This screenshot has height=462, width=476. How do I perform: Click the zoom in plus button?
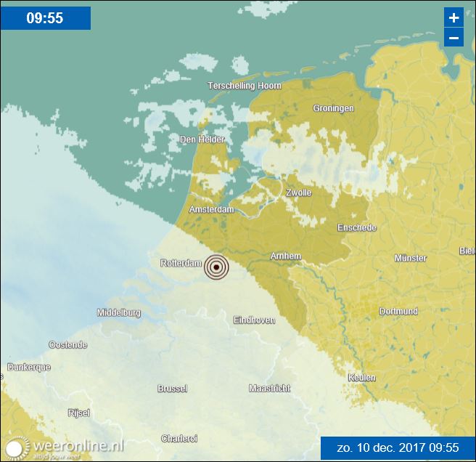pos(454,17)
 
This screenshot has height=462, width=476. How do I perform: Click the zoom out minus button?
pos(454,38)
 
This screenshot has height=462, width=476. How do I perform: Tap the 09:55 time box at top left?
pos(45,17)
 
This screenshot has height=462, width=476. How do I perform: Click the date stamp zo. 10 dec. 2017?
pos(398,447)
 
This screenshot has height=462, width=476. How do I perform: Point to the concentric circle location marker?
pos(216,267)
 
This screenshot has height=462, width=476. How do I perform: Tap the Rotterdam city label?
pos(180,263)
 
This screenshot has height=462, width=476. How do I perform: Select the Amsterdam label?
pos(211,209)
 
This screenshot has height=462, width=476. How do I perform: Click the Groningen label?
pos(333,108)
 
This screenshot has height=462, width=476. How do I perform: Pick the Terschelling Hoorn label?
pos(244,86)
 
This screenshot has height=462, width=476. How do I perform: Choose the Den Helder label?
pos(202,139)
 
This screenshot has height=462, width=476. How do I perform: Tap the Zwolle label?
pos(298,192)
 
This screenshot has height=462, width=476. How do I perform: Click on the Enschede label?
pos(356,227)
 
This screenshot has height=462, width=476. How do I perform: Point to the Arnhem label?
pos(284,256)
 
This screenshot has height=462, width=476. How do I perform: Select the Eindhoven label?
pos(254,320)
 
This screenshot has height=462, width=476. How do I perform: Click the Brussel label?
pos(172,389)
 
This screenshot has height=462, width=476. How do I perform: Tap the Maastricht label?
pos(269,389)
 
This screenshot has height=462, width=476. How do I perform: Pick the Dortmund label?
pos(398,312)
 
